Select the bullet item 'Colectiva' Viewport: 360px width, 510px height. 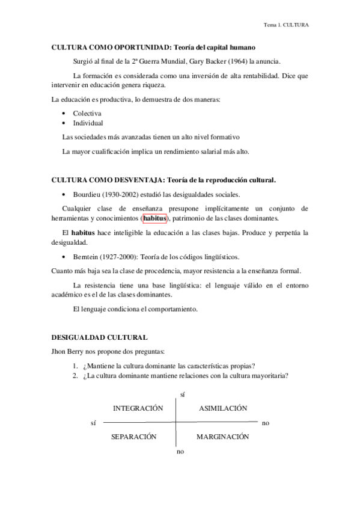pyautogui.click(x=87, y=112)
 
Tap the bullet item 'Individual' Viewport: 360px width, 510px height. pyautogui.click(x=88, y=123)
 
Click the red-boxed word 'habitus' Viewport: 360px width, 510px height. pyautogui.click(x=154, y=218)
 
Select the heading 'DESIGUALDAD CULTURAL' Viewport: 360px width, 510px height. pyautogui.click(x=99, y=339)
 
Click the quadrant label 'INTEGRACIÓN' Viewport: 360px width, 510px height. pyautogui.click(x=138, y=408)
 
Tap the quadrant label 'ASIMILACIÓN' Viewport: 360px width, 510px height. pyautogui.click(x=222, y=408)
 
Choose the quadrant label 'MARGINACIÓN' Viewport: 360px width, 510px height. pyautogui.click(x=222, y=437)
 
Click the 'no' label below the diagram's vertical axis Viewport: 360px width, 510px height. pyautogui.click(x=180, y=451)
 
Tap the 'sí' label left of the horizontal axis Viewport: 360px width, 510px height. pyautogui.click(x=93, y=423)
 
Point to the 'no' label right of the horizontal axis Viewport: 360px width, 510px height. pyautogui.click(x=266, y=423)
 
